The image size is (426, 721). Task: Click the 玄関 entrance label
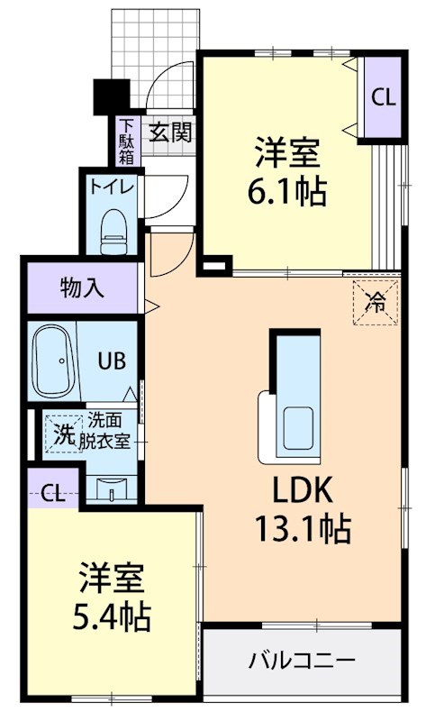click(x=169, y=132)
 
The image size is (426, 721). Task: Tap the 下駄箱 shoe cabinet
click(x=126, y=142)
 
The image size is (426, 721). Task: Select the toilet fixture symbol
click(x=114, y=231)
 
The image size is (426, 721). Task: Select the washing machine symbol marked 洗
click(x=63, y=433)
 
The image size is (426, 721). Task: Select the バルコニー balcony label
click(x=302, y=661)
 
